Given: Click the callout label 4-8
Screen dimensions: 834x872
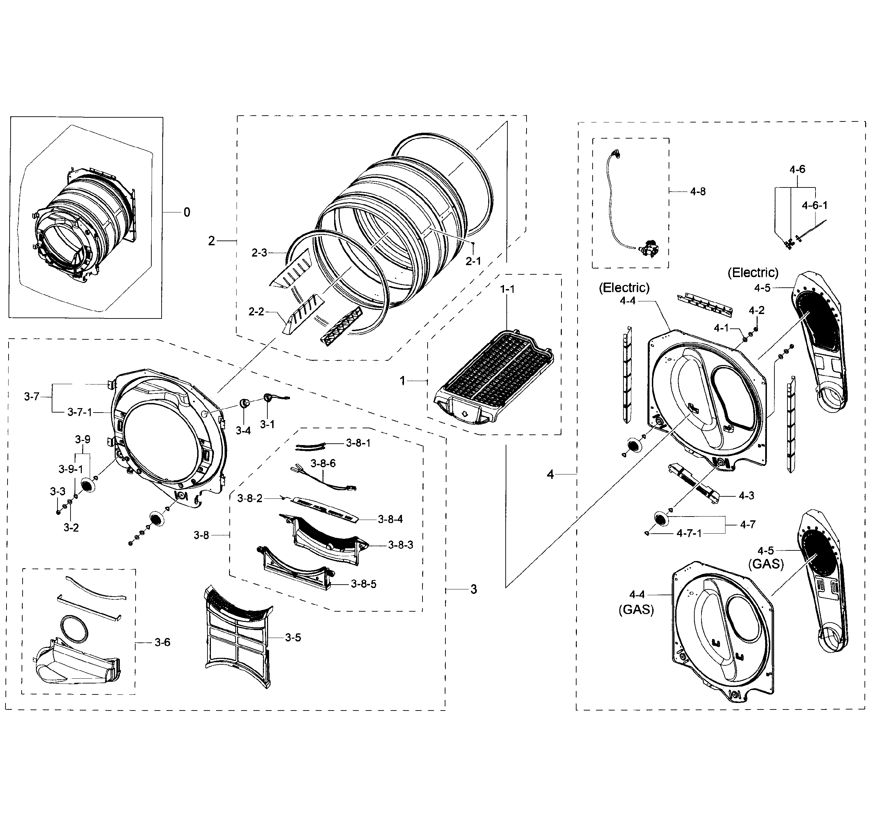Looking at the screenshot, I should [x=698, y=192].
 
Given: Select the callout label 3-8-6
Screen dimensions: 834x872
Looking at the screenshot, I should [x=323, y=463].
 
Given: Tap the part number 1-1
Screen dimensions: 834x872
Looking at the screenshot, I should [x=507, y=289].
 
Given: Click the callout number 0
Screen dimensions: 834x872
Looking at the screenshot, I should [x=187, y=212].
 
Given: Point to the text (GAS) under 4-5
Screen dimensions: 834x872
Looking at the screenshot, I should [x=766, y=564].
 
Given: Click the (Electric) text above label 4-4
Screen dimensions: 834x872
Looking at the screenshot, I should [x=624, y=288].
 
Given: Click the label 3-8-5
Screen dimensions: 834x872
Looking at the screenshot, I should [x=364, y=584].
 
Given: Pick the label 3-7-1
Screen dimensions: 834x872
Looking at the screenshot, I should [x=80, y=412].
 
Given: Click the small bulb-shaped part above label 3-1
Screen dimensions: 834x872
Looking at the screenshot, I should [x=269, y=397].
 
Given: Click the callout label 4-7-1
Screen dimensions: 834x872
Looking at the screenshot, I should [x=689, y=533].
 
